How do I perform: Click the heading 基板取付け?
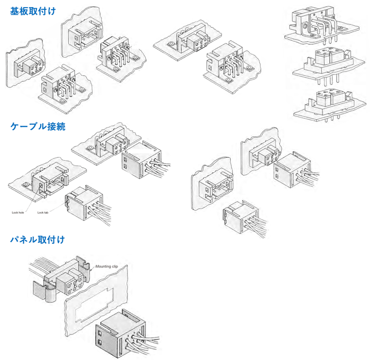[x=33, y=10]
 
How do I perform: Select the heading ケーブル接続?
[x=38, y=127]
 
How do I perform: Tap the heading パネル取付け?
[x=38, y=239]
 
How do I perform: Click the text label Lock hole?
[x=18, y=212]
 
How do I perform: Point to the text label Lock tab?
[x=44, y=212]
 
